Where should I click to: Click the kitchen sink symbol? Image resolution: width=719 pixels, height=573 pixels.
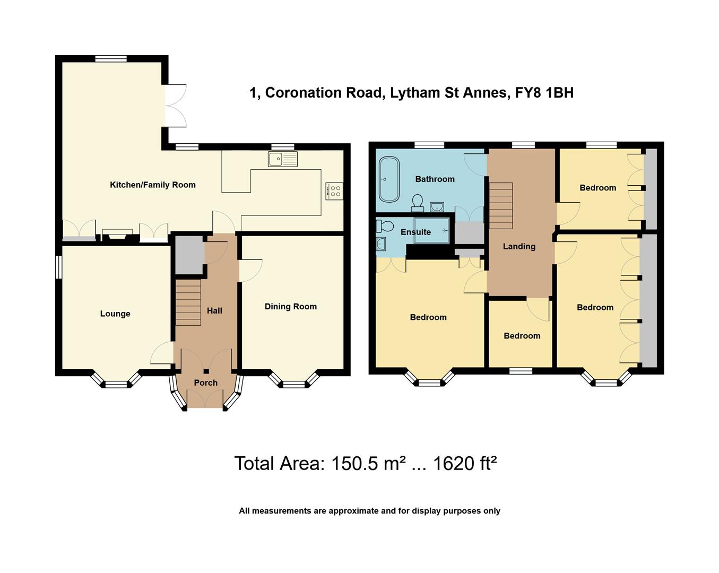283,159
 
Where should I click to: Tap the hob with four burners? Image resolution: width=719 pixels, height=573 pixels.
335,191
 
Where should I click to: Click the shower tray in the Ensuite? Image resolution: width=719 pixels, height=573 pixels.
432,231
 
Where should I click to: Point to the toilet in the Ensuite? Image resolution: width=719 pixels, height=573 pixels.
385,227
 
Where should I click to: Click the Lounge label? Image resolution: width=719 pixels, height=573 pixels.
115,314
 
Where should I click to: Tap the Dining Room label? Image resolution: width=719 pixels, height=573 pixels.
290,306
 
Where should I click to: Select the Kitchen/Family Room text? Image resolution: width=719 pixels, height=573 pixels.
153,185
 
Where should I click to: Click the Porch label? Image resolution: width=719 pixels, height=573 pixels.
205,383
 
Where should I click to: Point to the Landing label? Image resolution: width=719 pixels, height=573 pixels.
519,246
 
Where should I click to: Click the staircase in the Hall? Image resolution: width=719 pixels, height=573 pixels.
188,302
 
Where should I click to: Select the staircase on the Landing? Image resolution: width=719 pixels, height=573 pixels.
500,205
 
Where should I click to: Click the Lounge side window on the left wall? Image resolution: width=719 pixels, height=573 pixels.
59,267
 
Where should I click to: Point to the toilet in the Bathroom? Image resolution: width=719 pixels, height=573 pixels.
418,202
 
